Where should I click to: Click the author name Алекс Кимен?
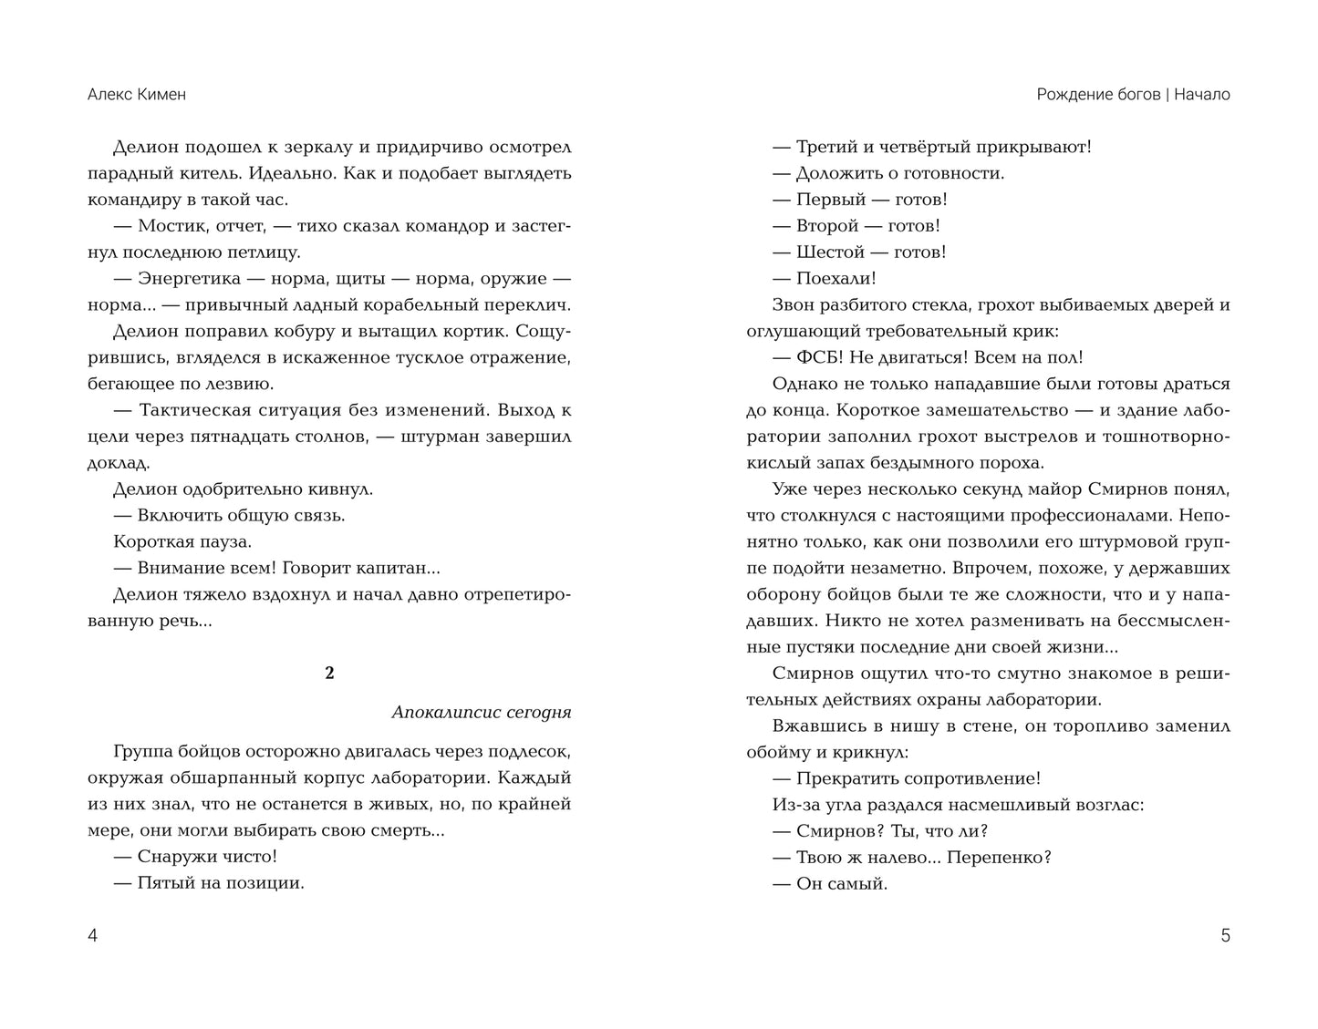(x=136, y=95)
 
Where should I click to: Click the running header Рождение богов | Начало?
(x=1133, y=95)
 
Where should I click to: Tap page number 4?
(x=92, y=936)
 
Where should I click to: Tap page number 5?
(x=1225, y=936)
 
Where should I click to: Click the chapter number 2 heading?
(x=329, y=674)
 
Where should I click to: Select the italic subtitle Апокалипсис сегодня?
(x=481, y=713)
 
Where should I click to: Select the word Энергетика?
(x=190, y=279)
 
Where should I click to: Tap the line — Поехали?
(x=825, y=279)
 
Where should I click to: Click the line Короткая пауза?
(x=182, y=542)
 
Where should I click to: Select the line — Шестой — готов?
(x=859, y=252)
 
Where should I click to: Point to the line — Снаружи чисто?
(x=195, y=857)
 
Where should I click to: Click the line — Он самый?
(x=830, y=884)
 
